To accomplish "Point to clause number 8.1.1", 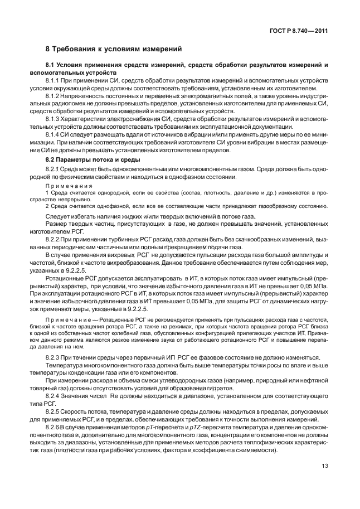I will pyautogui.click(x=53, y=80).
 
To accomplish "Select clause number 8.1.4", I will pyautogui.click(x=53, y=135).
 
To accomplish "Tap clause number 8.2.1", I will pyautogui.click(x=53, y=168).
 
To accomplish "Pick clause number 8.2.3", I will pyautogui.click(x=53, y=356).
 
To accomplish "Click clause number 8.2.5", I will pyautogui.click(x=53, y=411).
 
